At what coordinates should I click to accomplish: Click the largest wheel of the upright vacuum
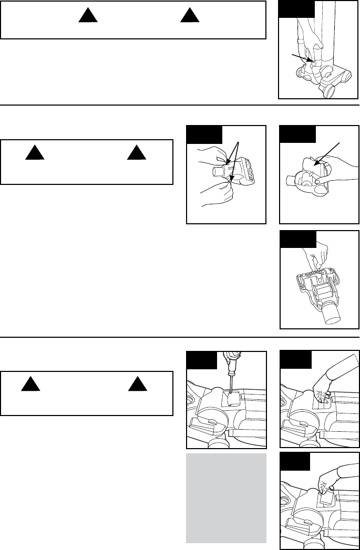click(x=329, y=91)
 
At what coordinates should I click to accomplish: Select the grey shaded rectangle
click(x=227, y=497)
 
